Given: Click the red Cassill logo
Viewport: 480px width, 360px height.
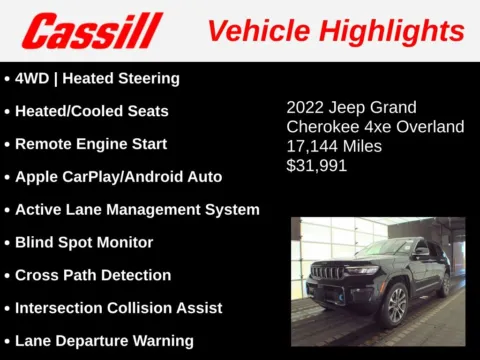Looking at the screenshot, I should click(92, 31).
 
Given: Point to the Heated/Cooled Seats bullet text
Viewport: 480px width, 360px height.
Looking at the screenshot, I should click(91, 111).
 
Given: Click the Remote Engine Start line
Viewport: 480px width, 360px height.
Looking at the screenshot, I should click(90, 144).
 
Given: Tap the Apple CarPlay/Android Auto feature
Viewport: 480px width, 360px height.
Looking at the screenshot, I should click(118, 177).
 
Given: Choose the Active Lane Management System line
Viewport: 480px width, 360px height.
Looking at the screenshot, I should click(137, 210).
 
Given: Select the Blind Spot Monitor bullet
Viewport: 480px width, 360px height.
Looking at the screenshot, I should click(84, 242).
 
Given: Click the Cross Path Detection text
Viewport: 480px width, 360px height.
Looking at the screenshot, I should click(93, 275).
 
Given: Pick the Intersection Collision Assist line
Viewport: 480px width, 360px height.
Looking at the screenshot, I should click(118, 308).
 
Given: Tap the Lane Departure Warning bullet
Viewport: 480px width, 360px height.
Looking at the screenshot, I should click(104, 341).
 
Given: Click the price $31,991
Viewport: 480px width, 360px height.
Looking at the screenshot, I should click(316, 166).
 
